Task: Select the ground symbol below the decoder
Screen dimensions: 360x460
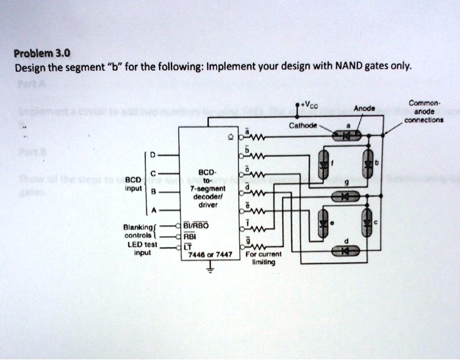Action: pyautogui.click(x=211, y=269)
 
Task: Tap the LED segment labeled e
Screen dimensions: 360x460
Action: pyautogui.click(x=322, y=222)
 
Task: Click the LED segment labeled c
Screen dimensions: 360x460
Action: pyautogui.click(x=368, y=222)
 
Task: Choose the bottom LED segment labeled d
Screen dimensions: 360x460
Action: pyautogui.click(x=346, y=250)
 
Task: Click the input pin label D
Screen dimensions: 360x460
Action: pyautogui.click(x=153, y=155)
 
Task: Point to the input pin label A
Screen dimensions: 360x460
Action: pyautogui.click(x=153, y=212)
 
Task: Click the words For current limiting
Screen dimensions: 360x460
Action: pyautogui.click(x=263, y=258)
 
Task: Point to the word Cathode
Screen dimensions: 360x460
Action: pyautogui.click(x=303, y=125)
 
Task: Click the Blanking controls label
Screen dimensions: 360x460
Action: pyautogui.click(x=139, y=233)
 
